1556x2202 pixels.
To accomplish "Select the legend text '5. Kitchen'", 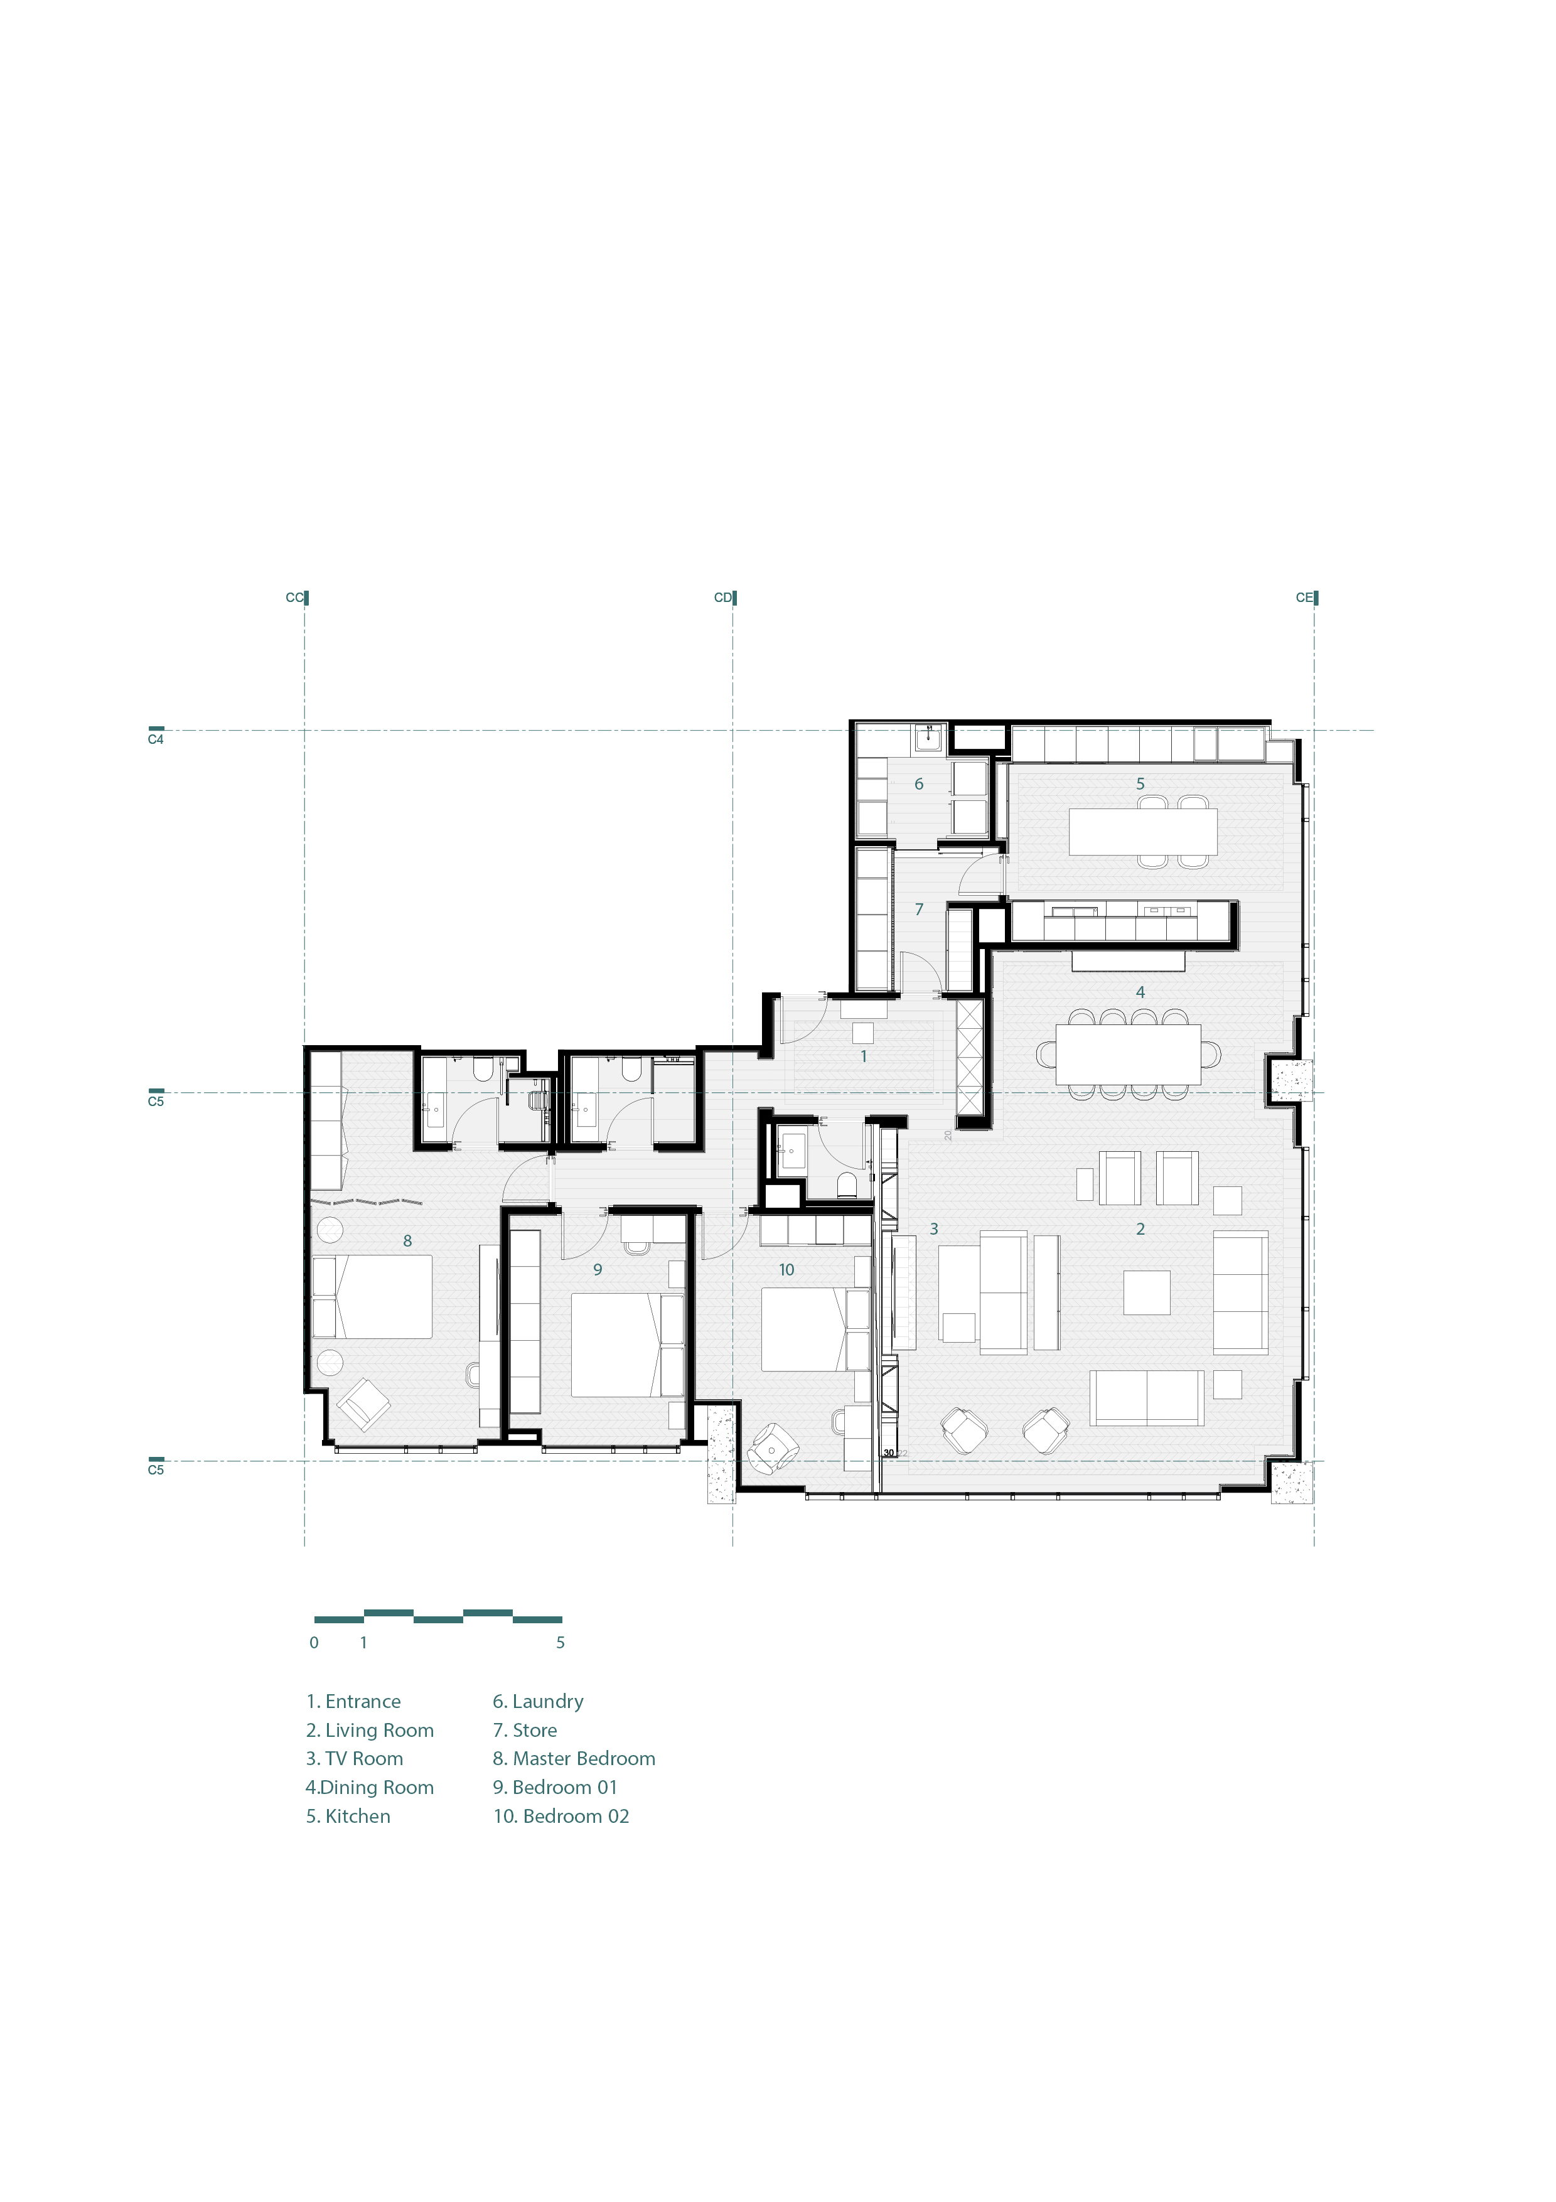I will pyautogui.click(x=348, y=1815).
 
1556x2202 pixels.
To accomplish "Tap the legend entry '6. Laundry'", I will pyautogui.click(x=538, y=1700).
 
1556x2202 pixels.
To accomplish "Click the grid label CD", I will pyautogui.click(x=723, y=598).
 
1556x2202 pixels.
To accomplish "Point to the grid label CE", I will pyautogui.click(x=1304, y=598).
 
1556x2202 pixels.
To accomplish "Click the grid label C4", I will pyautogui.click(x=155, y=739).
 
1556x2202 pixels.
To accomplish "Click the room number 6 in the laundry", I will pyautogui.click(x=918, y=783).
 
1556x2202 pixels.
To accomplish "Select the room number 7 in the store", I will pyautogui.click(x=918, y=908).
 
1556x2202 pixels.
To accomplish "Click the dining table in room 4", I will pyautogui.click(x=1127, y=1055).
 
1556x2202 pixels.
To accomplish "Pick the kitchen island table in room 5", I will pyautogui.click(x=1143, y=832).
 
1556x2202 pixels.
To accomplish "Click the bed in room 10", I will pyautogui.click(x=805, y=1328).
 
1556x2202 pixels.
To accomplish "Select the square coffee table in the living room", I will pyautogui.click(x=1147, y=1292).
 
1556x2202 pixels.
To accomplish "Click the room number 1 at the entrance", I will pyautogui.click(x=863, y=1056).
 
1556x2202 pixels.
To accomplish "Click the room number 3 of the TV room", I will pyautogui.click(x=934, y=1228).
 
